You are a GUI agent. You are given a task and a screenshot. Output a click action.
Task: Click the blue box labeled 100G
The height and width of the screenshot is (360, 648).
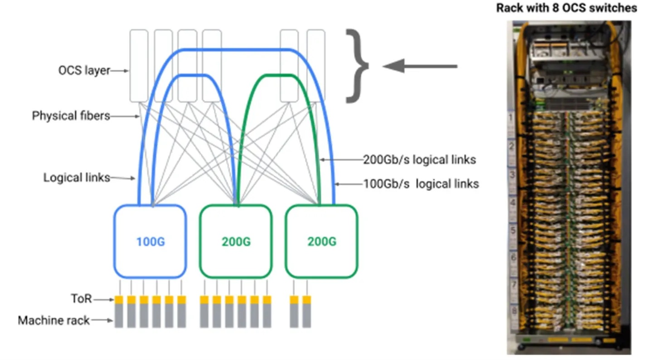tap(150, 241)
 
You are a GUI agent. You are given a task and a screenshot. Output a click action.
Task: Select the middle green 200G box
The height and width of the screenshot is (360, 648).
tap(236, 241)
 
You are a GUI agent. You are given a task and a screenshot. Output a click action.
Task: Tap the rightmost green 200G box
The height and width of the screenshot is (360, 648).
tap(321, 241)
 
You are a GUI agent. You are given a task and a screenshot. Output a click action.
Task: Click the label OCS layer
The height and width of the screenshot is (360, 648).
tap(84, 71)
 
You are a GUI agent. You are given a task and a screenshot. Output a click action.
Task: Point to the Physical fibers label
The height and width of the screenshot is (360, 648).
tap(71, 116)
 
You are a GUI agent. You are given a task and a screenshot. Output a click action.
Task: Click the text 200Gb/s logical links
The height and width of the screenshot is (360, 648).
tap(420, 159)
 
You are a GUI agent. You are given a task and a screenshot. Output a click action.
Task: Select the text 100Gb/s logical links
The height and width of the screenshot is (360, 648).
tap(421, 184)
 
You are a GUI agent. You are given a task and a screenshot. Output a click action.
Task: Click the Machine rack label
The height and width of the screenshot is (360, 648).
tap(53, 321)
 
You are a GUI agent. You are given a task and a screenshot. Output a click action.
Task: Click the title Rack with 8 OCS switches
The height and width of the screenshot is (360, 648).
tap(566, 8)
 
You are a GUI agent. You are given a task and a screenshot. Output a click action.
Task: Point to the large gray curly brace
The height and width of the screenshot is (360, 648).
tap(357, 66)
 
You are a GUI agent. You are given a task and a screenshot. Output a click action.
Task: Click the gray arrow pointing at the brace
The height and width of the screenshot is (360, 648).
tap(420, 67)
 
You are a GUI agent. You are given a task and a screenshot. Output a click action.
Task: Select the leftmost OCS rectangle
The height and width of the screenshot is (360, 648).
tap(139, 66)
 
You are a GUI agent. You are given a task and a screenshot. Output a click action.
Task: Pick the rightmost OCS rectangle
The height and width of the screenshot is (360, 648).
tap(316, 66)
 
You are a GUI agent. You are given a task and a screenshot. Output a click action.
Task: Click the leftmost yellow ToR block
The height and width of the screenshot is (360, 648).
tap(119, 300)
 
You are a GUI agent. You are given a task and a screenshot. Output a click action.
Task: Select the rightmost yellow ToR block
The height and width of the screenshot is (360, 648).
tap(307, 300)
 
